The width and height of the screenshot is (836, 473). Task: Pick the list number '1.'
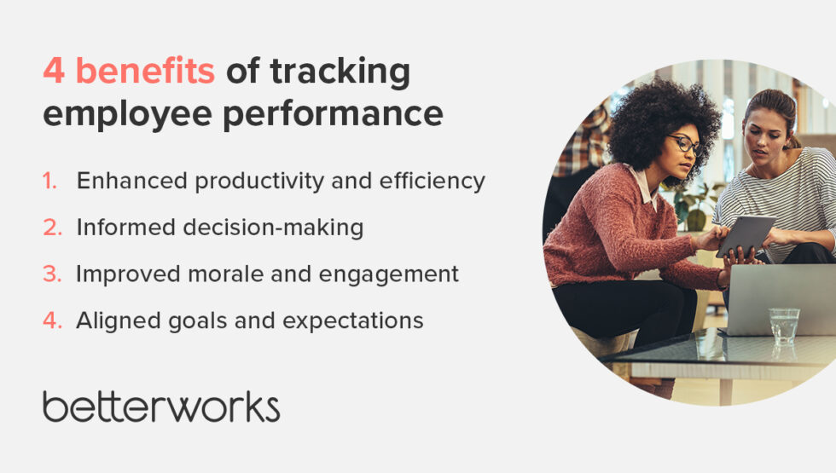(x=52, y=181)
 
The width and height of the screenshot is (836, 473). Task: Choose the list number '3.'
(x=52, y=274)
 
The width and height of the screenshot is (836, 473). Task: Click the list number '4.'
(x=52, y=320)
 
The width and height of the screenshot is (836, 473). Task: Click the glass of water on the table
(x=783, y=326)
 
